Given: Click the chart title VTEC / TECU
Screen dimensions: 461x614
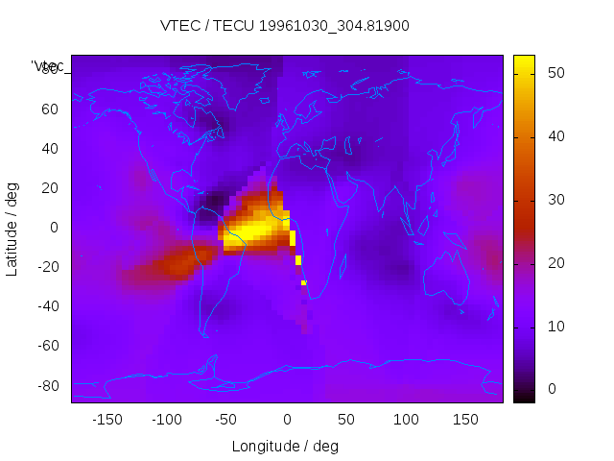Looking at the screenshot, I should point(285,26).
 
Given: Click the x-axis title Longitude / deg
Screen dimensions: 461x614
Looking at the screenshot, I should point(285,447).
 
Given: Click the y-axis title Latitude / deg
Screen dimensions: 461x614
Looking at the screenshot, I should point(12,228).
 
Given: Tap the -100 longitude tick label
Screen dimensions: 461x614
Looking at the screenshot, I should point(166,420).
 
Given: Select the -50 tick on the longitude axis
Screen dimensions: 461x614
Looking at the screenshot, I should point(226,420).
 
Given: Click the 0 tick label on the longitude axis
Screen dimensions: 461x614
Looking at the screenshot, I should point(286,420).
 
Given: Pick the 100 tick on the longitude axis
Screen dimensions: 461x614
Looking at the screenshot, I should point(406,420).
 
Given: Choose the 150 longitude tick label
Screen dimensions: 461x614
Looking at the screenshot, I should point(465,420).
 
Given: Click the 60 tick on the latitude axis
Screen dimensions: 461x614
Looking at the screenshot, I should point(50,109).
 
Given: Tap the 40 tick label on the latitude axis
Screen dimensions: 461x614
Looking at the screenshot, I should point(50,148).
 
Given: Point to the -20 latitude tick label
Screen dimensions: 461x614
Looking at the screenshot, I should point(47,267).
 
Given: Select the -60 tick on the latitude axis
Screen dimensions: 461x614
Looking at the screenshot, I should point(47,346).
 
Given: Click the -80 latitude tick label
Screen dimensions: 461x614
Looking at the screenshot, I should point(47,385).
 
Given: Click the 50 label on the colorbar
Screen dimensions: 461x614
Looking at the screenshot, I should point(555,72).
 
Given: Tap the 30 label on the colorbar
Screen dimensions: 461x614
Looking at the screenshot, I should point(555,199).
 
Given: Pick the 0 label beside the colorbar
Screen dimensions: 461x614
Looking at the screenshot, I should point(551,389).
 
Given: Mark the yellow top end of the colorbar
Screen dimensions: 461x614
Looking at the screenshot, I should point(524,61).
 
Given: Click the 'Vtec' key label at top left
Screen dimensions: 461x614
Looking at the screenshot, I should point(48,66).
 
